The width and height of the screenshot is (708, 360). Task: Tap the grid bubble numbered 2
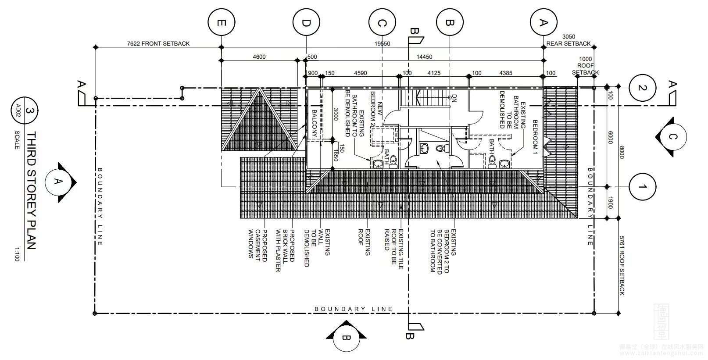pyautogui.click(x=642, y=88)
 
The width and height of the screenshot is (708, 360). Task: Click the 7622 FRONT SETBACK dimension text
pyautogui.click(x=158, y=43)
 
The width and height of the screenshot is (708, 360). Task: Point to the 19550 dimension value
pyautogui.click(x=382, y=44)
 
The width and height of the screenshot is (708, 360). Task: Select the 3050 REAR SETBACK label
pyautogui.click(x=569, y=40)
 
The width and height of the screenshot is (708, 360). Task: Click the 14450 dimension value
pyautogui.click(x=424, y=57)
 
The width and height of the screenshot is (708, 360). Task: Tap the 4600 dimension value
pyautogui.click(x=259, y=57)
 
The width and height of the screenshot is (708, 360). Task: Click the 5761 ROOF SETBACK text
pyautogui.click(x=622, y=265)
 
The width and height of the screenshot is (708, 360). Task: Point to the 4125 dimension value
pyautogui.click(x=434, y=73)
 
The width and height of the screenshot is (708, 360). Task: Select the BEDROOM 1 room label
pyautogui.click(x=535, y=137)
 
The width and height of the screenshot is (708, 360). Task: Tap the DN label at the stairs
pyautogui.click(x=454, y=98)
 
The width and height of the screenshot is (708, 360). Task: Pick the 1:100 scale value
pyautogui.click(x=17, y=254)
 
